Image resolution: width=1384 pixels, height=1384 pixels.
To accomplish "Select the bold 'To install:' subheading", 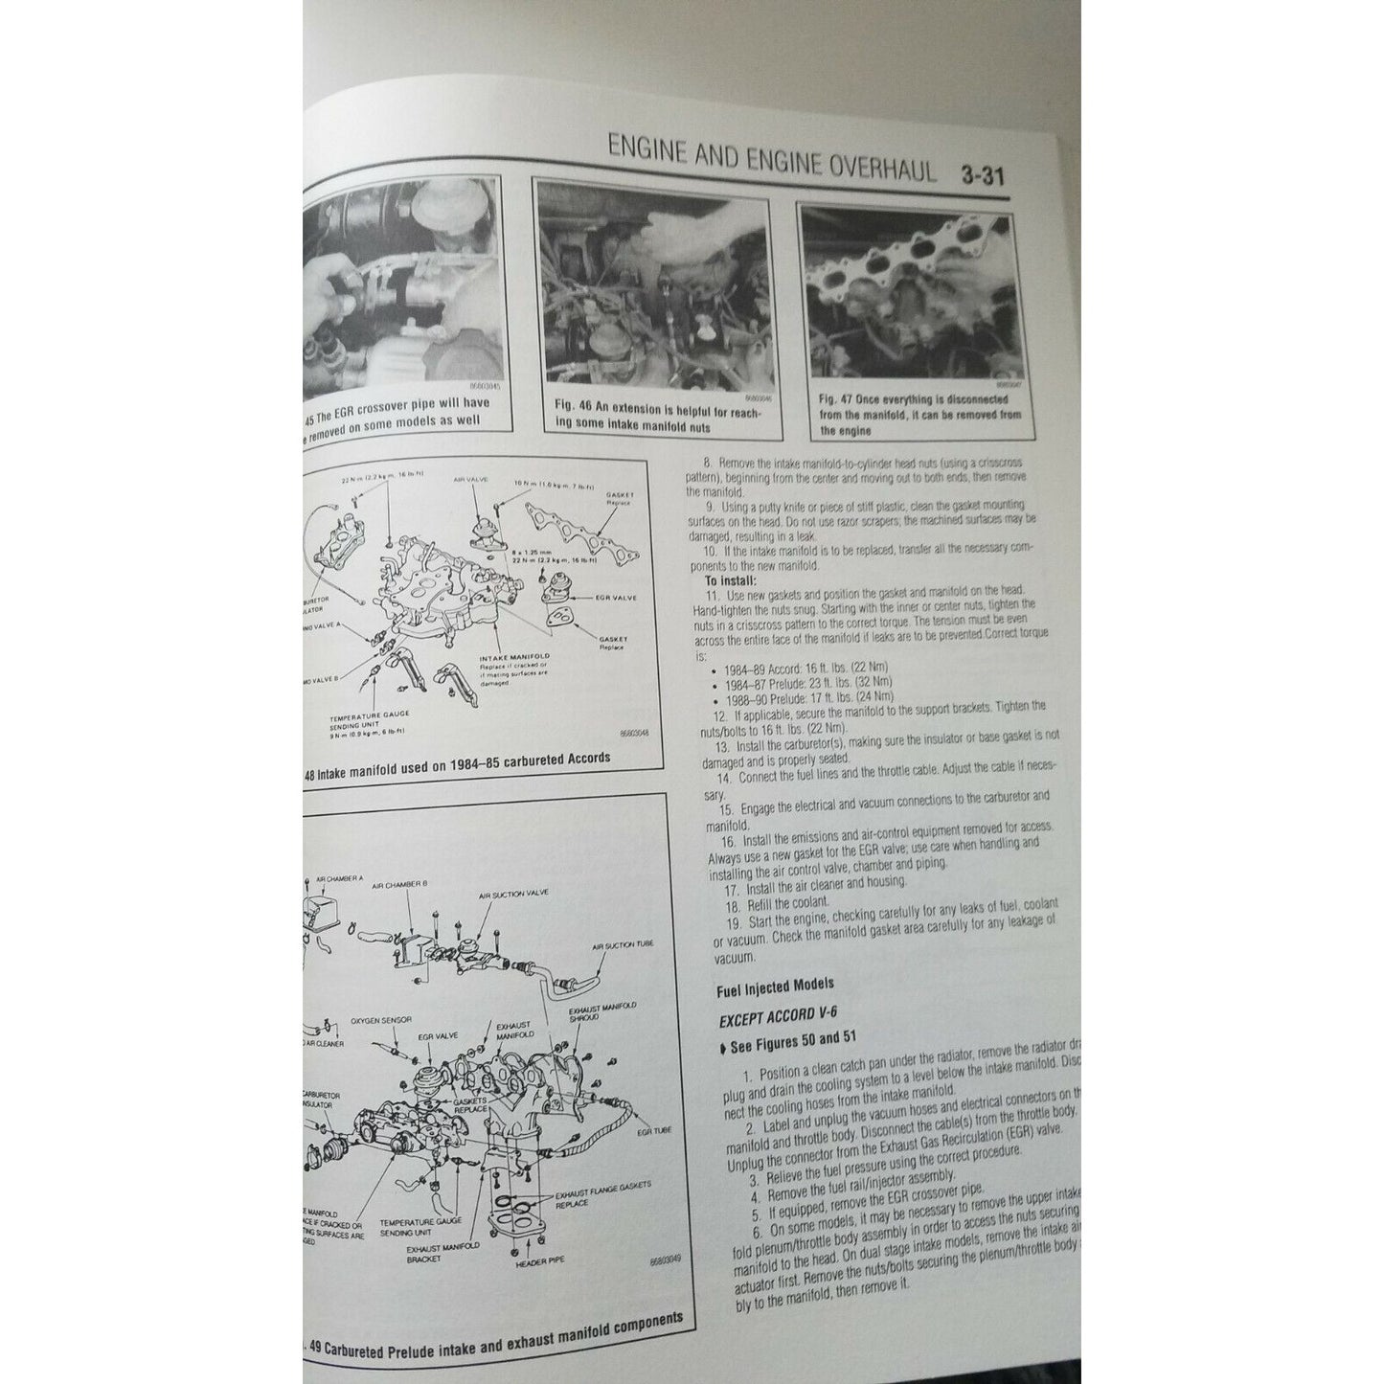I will pyautogui.click(x=731, y=580).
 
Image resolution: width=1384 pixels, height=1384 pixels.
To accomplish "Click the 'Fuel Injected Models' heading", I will pyautogui.click(x=774, y=983).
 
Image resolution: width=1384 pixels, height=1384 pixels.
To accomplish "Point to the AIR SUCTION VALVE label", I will pyautogui.click(x=513, y=895).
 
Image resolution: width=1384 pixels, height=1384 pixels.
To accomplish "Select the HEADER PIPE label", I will pyautogui.click(x=542, y=1262).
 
